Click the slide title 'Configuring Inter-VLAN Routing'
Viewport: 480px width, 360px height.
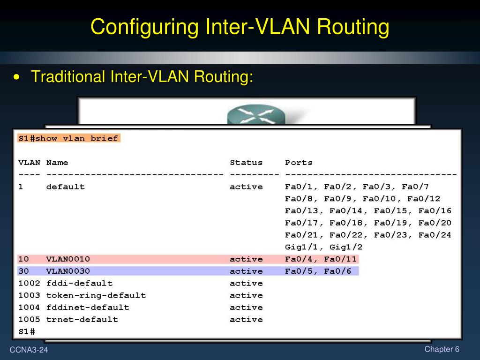pyautogui.click(x=240, y=27)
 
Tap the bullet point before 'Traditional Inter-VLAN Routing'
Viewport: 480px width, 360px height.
pyautogui.click(x=17, y=77)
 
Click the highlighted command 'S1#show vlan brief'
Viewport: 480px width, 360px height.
pyautogui.click(x=68, y=138)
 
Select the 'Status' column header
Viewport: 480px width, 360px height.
pyautogui.click(x=246, y=163)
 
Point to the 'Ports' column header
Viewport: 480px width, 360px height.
pyautogui.click(x=299, y=163)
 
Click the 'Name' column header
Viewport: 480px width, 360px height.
pyautogui.click(x=57, y=163)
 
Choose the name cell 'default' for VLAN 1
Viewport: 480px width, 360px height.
pyautogui.click(x=66, y=187)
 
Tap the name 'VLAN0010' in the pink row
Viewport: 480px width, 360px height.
pyautogui.click(x=68, y=259)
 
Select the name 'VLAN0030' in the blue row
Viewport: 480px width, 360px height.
pyautogui.click(x=68, y=271)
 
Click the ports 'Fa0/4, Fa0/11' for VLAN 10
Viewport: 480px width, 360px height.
pyautogui.click(x=321, y=259)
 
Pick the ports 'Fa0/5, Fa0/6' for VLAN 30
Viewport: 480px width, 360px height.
pyautogui.click(x=318, y=271)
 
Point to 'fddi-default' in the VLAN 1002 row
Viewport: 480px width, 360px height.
pyautogui.click(x=79, y=283)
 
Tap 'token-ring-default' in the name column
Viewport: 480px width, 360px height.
pyautogui.click(x=96, y=295)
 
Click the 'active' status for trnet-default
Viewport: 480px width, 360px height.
pyautogui.click(x=246, y=320)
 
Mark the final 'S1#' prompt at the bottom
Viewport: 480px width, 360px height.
pyautogui.click(x=27, y=331)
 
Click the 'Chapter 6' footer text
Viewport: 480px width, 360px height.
pyautogui.click(x=442, y=349)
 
